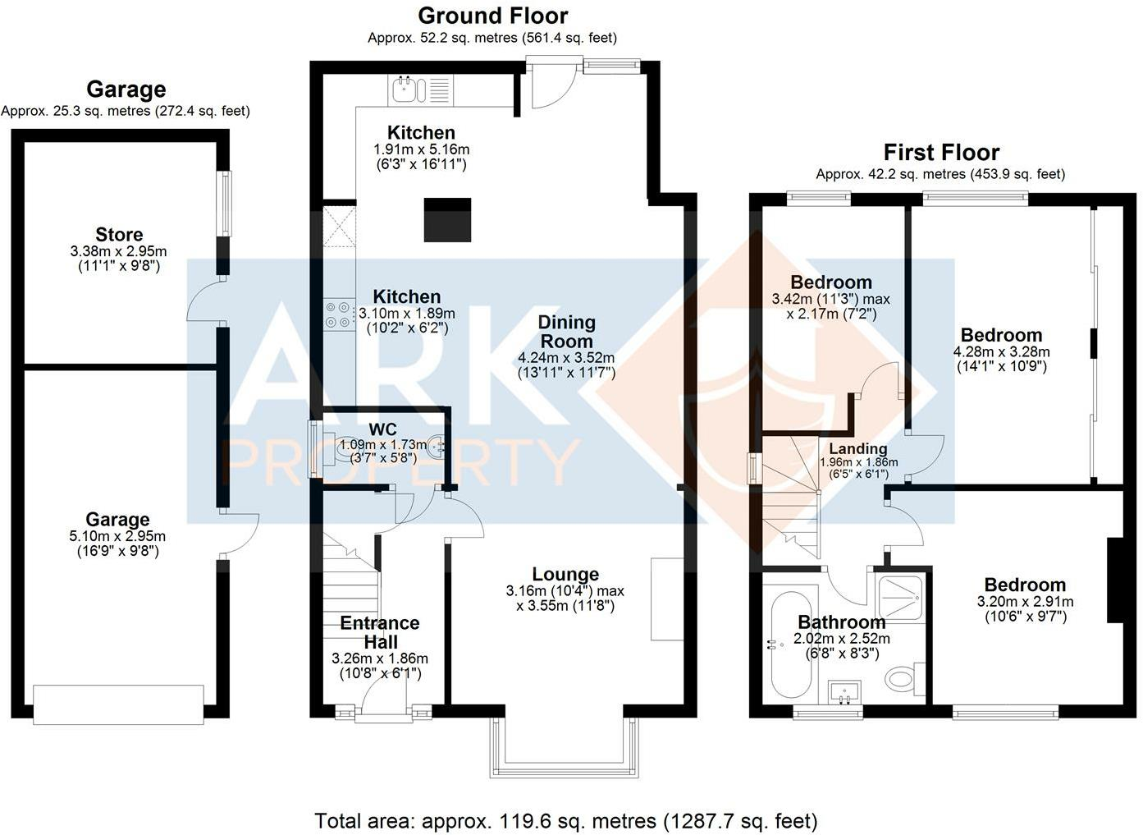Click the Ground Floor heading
pyautogui.click(x=492, y=16)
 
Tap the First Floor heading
pyautogui.click(x=940, y=153)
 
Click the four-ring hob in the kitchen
pyautogui.click(x=336, y=312)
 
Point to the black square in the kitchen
pyautogui.click(x=447, y=220)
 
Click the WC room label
pyautogui.click(x=382, y=429)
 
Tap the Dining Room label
pyautogui.click(x=566, y=332)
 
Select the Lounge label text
pyautogui.click(x=565, y=575)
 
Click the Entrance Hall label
pyautogui.click(x=380, y=632)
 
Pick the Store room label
pyautogui.click(x=119, y=235)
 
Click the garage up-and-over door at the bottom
pyautogui.click(x=118, y=704)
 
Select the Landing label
pyautogui.click(x=857, y=448)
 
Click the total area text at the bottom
pyautogui.click(x=566, y=820)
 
